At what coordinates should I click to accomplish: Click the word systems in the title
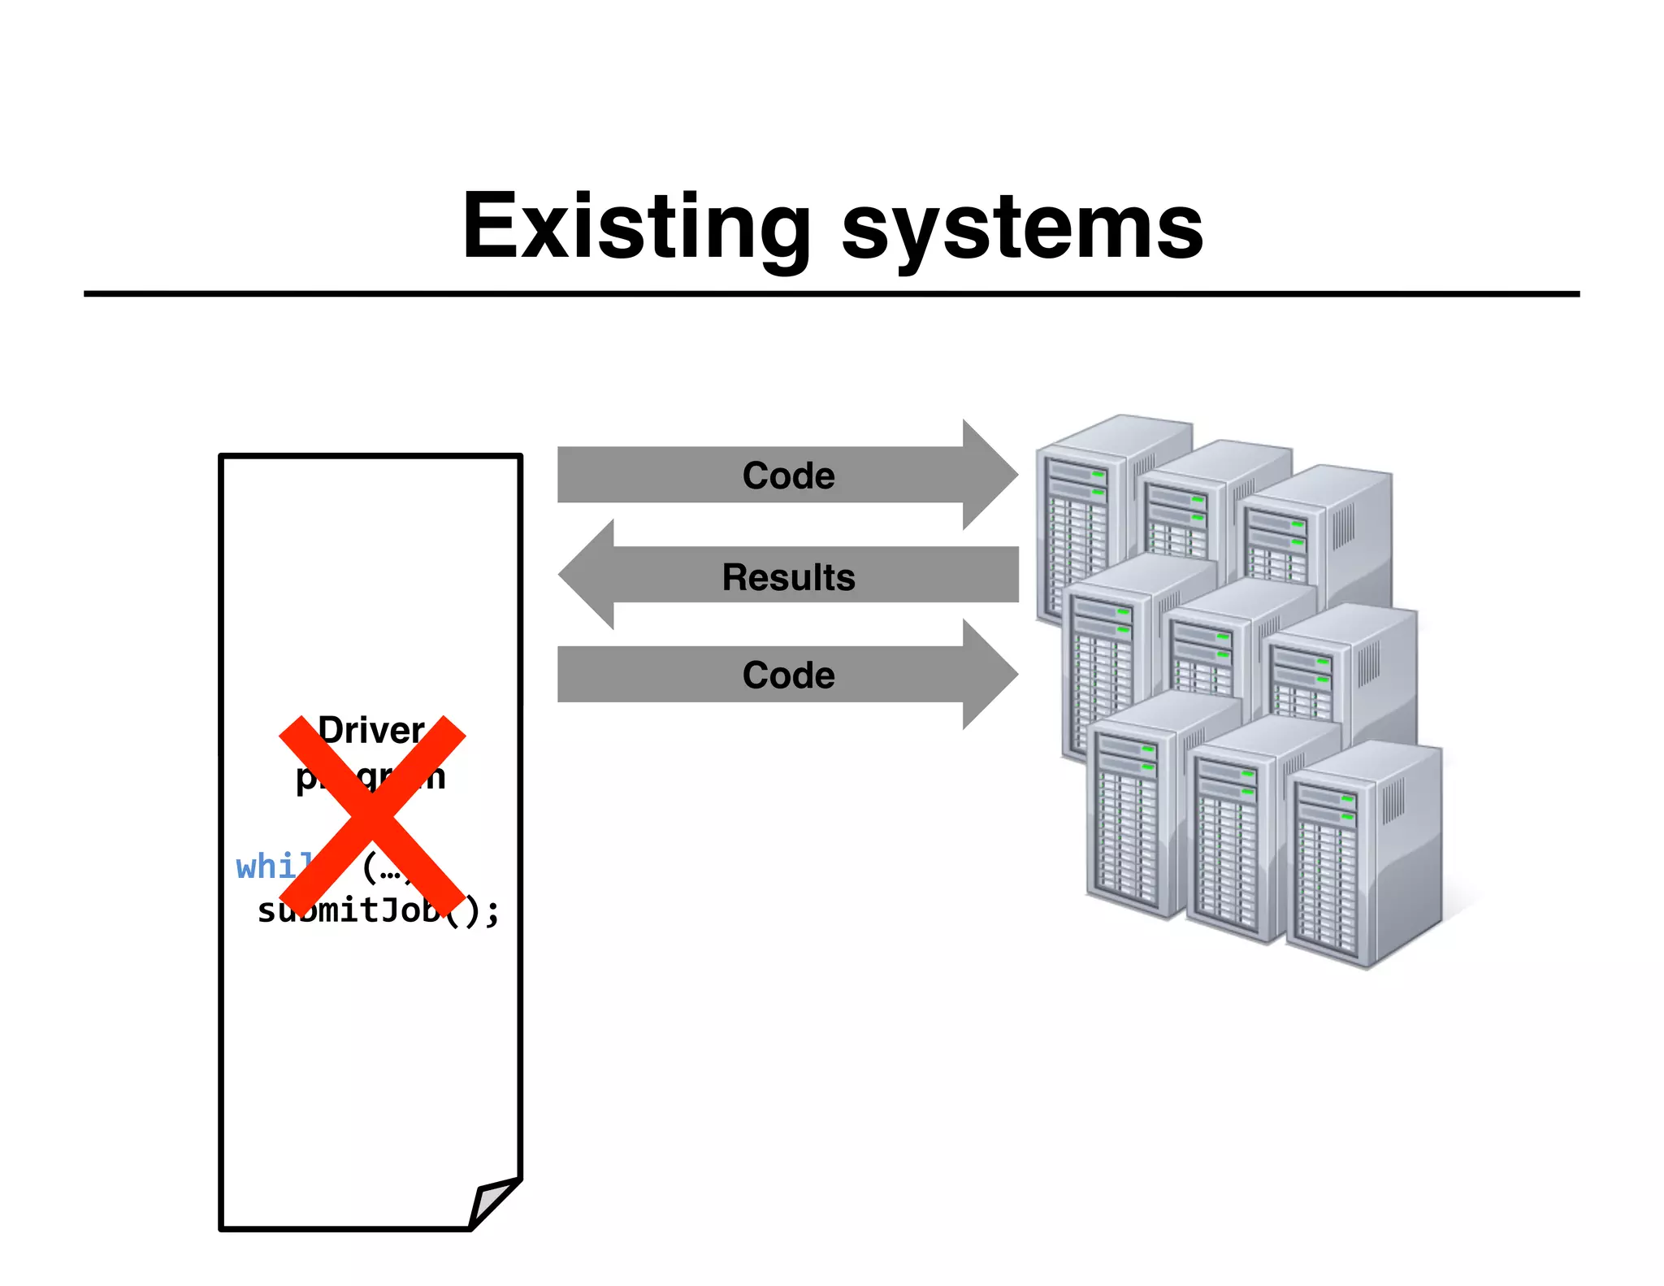coord(1021,229)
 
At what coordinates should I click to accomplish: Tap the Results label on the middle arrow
coord(788,576)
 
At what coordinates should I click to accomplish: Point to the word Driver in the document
coord(371,730)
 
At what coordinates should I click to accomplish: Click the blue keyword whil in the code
coord(272,867)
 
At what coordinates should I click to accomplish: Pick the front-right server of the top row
coord(1316,528)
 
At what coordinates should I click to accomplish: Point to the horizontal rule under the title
coord(831,293)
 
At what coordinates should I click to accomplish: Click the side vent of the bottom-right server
coord(1393,800)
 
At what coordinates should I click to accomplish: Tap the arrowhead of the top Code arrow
coord(991,475)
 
